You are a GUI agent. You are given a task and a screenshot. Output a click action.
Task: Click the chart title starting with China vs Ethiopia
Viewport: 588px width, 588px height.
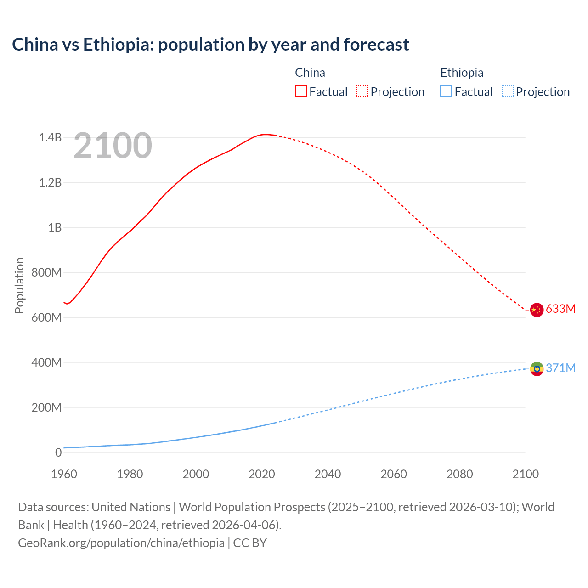click(210, 45)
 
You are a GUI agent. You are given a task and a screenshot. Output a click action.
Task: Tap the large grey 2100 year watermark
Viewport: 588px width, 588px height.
click(113, 146)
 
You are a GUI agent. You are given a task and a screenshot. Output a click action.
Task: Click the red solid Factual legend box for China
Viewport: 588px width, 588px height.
click(301, 91)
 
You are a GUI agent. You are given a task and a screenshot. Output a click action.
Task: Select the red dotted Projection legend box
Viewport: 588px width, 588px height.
click(362, 91)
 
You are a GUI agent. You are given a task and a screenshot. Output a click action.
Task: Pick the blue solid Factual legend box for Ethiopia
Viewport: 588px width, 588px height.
click(446, 91)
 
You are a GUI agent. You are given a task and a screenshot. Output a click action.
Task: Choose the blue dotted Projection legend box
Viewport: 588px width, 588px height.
click(508, 91)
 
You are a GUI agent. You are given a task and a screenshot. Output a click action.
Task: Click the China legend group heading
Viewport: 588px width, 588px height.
click(310, 73)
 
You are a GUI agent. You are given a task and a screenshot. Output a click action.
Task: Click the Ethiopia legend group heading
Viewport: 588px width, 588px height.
click(462, 73)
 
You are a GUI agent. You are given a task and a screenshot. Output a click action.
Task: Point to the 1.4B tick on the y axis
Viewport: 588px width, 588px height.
click(50, 137)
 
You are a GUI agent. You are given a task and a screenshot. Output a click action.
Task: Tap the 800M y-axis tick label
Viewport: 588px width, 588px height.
click(46, 272)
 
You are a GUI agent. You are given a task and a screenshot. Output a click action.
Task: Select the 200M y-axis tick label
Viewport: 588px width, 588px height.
click(46, 407)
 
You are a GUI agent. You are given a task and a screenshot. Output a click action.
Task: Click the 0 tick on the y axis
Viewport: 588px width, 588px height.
click(58, 452)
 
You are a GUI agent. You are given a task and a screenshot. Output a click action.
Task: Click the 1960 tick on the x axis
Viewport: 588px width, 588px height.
click(64, 474)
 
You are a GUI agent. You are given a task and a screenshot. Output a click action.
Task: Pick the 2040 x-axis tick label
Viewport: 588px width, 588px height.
click(328, 474)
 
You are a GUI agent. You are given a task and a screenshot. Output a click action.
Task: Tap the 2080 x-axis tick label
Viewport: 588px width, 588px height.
click(459, 474)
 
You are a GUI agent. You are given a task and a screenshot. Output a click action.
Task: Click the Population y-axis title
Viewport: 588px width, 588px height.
click(19, 285)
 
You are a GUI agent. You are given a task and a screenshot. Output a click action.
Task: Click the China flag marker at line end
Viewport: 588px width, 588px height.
click(537, 310)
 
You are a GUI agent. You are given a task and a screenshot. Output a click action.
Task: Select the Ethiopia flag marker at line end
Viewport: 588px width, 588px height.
click(537, 368)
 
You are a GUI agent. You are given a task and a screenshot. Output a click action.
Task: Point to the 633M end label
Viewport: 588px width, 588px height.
click(560, 309)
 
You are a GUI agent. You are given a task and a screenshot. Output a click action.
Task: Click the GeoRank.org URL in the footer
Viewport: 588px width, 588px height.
click(121, 543)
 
